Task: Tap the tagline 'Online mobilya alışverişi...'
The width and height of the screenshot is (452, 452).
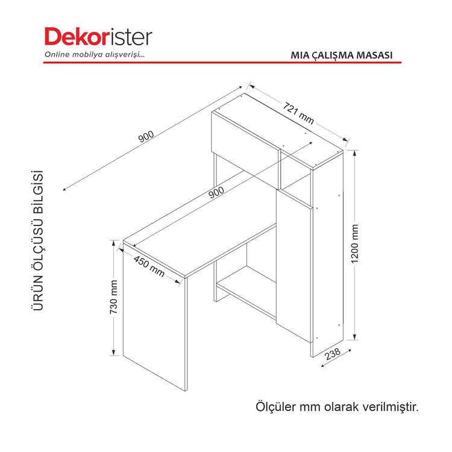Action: (94, 54)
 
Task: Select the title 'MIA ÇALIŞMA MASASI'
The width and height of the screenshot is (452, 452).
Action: (342, 55)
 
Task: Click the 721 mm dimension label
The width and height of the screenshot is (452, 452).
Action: (298, 113)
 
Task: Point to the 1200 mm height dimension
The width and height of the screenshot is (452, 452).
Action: (355, 243)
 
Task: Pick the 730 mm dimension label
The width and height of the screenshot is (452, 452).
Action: (114, 297)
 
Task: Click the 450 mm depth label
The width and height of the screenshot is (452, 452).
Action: (149, 266)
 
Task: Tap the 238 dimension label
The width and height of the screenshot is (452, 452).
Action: (333, 354)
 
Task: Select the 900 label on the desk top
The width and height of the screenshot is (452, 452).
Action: (216, 192)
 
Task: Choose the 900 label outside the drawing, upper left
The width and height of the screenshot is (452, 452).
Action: (146, 137)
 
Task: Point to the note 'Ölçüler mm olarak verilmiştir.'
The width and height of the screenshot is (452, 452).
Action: (337, 407)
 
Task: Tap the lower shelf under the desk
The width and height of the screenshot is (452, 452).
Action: (246, 291)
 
